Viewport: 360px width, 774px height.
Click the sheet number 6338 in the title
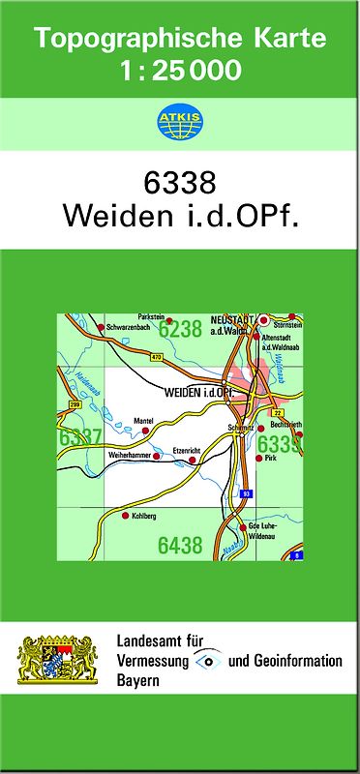(179, 181)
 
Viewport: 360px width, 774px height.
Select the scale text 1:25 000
(180, 71)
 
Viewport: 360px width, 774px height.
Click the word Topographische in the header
(135, 40)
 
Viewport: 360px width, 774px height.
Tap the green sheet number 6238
(181, 330)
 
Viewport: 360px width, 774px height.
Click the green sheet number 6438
(181, 546)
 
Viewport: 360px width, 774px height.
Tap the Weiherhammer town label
(133, 454)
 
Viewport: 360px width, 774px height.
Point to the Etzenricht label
(188, 450)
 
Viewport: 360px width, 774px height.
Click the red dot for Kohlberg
(124, 517)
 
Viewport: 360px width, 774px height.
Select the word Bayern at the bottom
(138, 680)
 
